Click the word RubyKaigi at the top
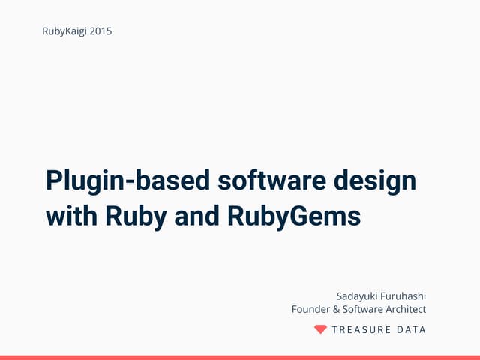(x=64, y=31)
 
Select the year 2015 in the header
(x=100, y=31)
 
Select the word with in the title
(x=71, y=216)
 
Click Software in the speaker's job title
(x=364, y=309)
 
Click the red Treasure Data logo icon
(x=320, y=329)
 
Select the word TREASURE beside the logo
(x=361, y=329)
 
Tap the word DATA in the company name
(x=412, y=329)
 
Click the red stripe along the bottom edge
(x=240, y=357)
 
